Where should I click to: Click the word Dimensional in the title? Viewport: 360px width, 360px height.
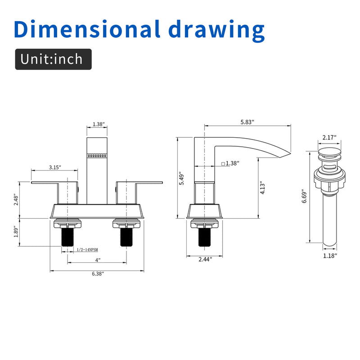coord(87,29)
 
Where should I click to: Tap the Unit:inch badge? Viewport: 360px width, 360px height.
coord(53,59)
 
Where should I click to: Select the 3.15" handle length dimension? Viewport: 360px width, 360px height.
coord(55,167)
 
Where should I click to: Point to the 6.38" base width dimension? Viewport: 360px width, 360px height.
coord(98,274)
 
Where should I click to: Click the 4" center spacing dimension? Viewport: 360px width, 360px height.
coord(98,260)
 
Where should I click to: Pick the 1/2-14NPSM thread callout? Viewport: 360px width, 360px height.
coord(87,250)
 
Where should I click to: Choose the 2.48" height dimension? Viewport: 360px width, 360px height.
coord(16,200)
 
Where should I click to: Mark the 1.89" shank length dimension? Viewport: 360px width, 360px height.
coord(16,232)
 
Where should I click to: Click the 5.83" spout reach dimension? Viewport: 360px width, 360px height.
coord(247,122)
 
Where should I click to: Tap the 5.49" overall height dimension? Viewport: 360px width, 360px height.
coord(181,178)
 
